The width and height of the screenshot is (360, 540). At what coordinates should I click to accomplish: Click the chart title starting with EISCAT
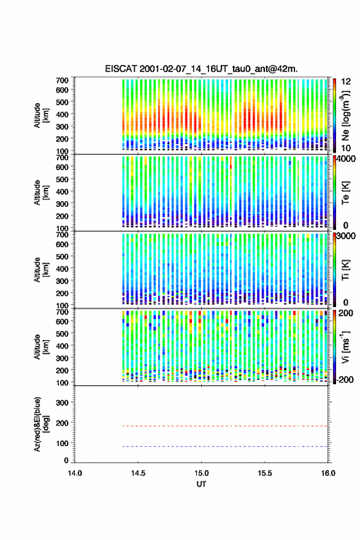pyautogui.click(x=201, y=69)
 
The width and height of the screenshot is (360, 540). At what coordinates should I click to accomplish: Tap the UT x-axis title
pyautogui.click(x=201, y=484)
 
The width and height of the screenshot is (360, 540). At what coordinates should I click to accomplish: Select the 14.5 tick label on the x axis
pyautogui.click(x=138, y=473)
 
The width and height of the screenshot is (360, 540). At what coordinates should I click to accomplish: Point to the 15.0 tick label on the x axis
pyautogui.click(x=201, y=473)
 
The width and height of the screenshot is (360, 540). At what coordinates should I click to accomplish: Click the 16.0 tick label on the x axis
pyautogui.click(x=328, y=473)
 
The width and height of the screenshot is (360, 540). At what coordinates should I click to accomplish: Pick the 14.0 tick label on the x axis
pyautogui.click(x=75, y=473)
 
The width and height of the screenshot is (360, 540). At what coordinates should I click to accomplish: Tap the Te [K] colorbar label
pyautogui.click(x=345, y=193)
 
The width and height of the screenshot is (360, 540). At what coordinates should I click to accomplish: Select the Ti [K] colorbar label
pyautogui.click(x=345, y=270)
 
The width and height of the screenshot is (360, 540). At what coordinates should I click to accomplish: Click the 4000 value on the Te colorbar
pyautogui.click(x=346, y=158)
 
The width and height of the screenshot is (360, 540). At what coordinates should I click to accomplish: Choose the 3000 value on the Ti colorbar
pyautogui.click(x=346, y=236)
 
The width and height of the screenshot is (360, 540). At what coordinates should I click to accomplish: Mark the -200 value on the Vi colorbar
pyautogui.click(x=345, y=379)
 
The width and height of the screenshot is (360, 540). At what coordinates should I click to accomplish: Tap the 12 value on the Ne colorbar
pyautogui.click(x=346, y=81)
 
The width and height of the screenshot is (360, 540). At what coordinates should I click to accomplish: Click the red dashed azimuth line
pyautogui.click(x=225, y=426)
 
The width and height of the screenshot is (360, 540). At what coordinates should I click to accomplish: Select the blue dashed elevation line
pyautogui.click(x=225, y=446)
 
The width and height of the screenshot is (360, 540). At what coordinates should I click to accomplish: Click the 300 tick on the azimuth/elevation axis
pyautogui.click(x=63, y=403)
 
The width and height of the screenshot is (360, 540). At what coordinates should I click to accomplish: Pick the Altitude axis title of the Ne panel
pyautogui.click(x=40, y=116)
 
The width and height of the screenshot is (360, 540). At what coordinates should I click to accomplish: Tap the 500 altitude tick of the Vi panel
pyautogui.click(x=63, y=333)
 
